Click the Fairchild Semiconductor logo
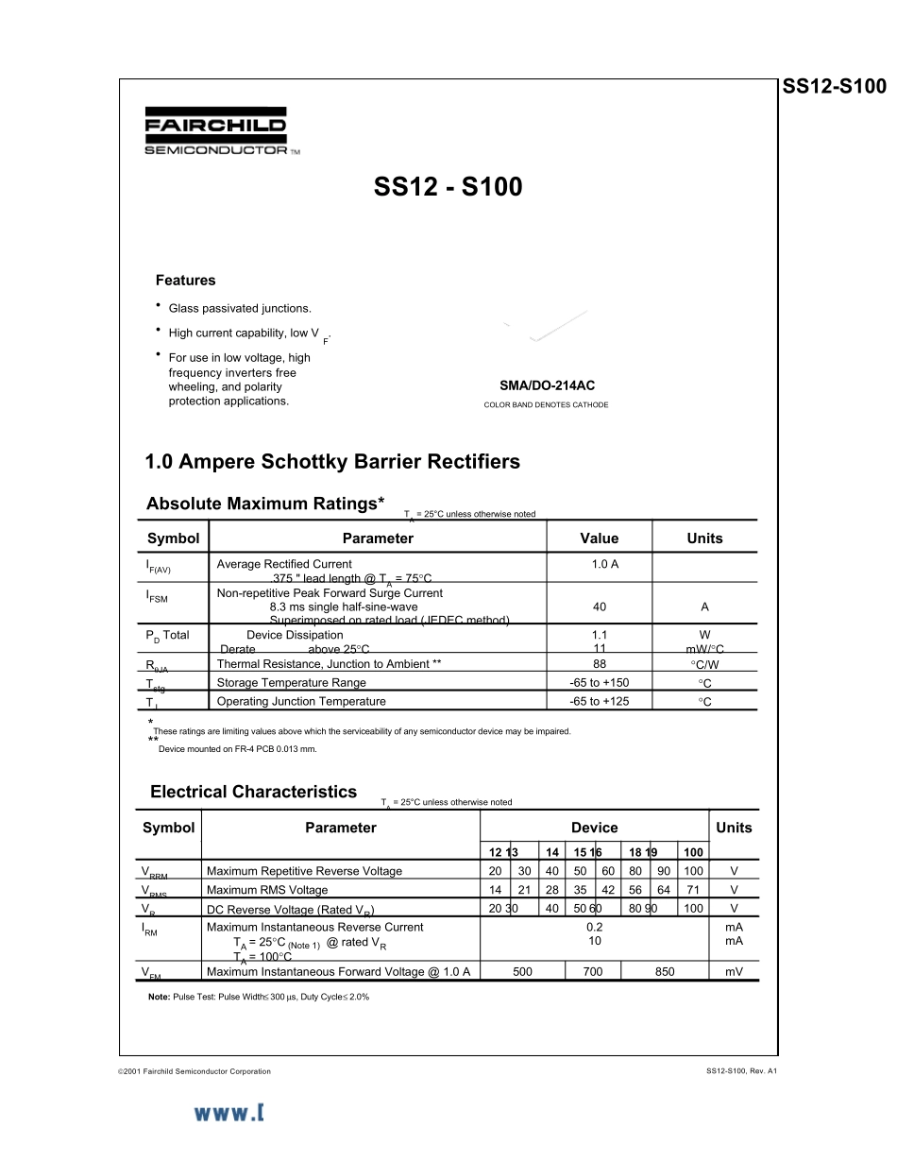[x=216, y=131]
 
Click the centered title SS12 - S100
[x=448, y=187]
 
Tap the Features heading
[x=185, y=281]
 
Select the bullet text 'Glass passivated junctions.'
[x=240, y=309]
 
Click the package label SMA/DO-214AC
[x=547, y=385]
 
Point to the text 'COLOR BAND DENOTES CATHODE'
[x=546, y=405]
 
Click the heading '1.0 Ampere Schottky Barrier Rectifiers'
[x=332, y=462]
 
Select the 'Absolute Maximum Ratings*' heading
[x=265, y=504]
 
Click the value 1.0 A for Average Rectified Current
[x=600, y=564]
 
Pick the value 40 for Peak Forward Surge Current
[x=600, y=607]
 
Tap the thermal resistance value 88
[x=600, y=664]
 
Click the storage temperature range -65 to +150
[x=600, y=683]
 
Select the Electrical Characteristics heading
[x=253, y=792]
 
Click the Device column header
[x=594, y=828]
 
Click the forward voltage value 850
[x=665, y=972]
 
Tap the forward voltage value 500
[x=522, y=972]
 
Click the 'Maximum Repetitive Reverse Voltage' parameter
[x=304, y=871]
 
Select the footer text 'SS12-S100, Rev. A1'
[x=740, y=1071]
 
